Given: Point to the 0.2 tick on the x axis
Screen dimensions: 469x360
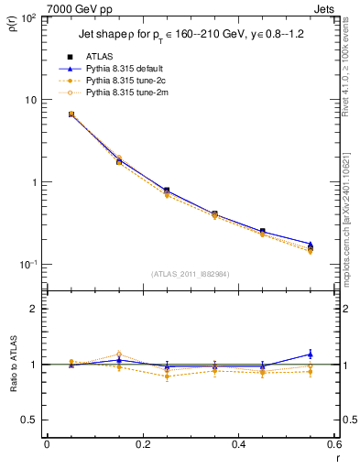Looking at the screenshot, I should tap(142, 444).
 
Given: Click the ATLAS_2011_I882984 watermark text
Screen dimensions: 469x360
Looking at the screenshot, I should tap(190, 274).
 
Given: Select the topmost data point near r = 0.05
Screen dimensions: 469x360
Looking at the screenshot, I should tap(71, 115).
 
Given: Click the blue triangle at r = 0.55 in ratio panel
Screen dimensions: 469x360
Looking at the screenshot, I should tap(310, 354).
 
